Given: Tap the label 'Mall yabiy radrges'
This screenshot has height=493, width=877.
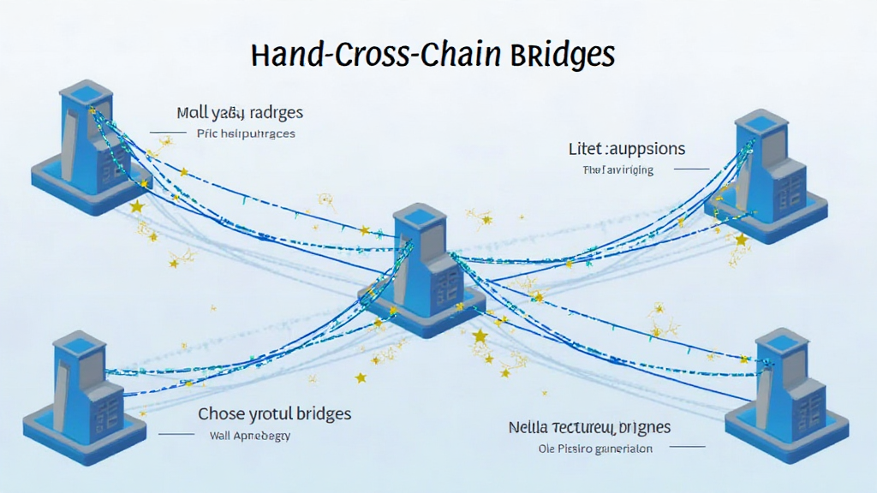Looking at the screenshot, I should [240, 113].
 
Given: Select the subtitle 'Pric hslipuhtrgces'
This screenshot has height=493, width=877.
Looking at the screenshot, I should [246, 134].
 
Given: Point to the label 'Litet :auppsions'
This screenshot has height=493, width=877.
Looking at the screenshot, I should [627, 149].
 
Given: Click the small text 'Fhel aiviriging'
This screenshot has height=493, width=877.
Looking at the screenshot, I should [617, 169].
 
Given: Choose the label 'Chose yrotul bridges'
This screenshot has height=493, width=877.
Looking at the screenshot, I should [274, 413].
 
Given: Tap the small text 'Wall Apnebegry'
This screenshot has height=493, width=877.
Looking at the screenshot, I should [250, 435].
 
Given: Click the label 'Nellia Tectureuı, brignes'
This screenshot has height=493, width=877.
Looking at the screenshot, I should [589, 427].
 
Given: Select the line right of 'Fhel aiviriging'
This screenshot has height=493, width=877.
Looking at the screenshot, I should [691, 169].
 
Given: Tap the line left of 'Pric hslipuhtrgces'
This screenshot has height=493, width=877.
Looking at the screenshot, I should [168, 133].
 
